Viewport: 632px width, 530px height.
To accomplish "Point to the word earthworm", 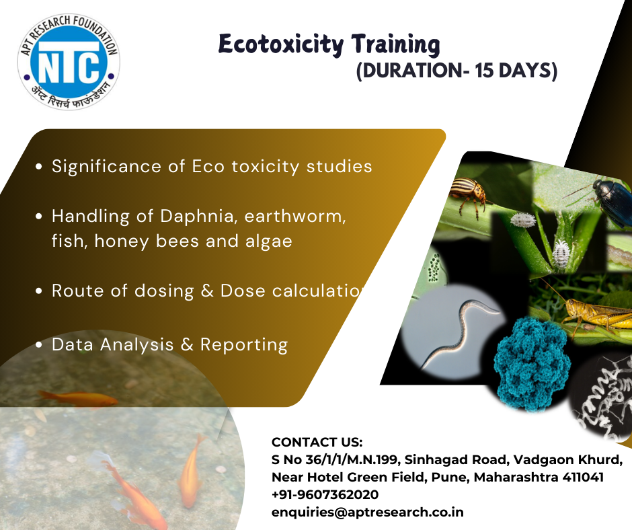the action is coord(295,216).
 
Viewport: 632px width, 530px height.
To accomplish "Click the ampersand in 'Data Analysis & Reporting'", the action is coord(187,345).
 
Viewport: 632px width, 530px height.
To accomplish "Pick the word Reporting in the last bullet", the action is coord(244,346).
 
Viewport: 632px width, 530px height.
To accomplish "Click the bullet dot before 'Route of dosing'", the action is coord(39,291).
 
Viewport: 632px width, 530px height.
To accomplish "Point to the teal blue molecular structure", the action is coord(532,363).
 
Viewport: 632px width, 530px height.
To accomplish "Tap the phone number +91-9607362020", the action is coord(325,494).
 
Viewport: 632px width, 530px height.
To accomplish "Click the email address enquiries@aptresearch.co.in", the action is coord(368,513).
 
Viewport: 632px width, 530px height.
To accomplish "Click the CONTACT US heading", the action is coord(317,442).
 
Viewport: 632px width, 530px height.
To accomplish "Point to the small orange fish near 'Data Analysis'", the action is coord(78,398).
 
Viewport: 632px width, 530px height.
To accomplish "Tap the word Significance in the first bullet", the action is coord(106,167).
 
